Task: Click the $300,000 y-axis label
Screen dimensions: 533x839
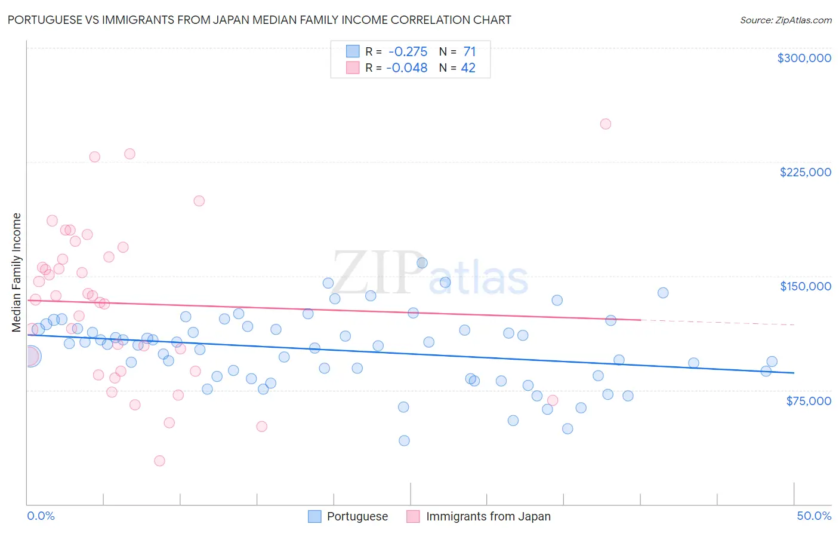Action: [x=804, y=58]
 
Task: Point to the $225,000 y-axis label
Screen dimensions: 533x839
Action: [x=805, y=172]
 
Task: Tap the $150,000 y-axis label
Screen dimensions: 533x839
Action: [x=805, y=286]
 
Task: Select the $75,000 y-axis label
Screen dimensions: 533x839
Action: [x=808, y=401]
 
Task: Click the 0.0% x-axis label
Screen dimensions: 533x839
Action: [x=41, y=516]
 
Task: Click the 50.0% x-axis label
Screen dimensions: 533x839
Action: [x=814, y=516]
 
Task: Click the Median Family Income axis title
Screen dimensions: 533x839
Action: [x=16, y=272]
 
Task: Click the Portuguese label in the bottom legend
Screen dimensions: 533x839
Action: [x=357, y=516]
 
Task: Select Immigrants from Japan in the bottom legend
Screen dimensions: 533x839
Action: [x=488, y=516]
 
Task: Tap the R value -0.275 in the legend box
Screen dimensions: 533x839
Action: [x=408, y=52]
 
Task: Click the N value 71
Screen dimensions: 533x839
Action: [x=470, y=52]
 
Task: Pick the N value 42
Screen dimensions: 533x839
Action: [x=468, y=68]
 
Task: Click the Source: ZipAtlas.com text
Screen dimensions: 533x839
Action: [x=785, y=20]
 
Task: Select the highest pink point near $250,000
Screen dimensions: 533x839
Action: [x=605, y=124]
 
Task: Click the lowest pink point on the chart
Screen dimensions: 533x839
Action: [x=159, y=461]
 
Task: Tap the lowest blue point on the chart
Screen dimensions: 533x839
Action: [x=404, y=440]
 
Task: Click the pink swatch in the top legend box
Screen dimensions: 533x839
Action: [x=353, y=68]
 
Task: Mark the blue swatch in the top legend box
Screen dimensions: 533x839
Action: [x=353, y=51]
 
